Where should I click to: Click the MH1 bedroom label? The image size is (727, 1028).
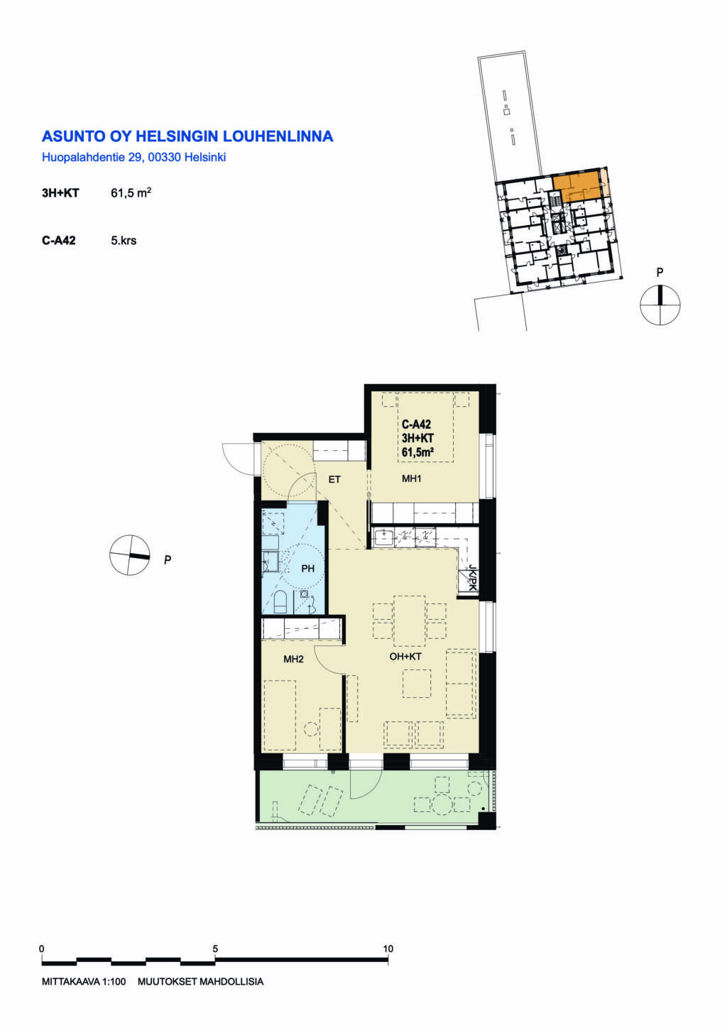tap(411, 479)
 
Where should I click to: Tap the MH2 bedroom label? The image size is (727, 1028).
tap(293, 660)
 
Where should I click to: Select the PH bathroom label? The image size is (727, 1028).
tap(307, 569)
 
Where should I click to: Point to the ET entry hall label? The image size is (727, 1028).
tap(334, 480)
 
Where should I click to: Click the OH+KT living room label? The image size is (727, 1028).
tap(405, 657)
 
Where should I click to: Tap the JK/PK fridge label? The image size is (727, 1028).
tap(471, 578)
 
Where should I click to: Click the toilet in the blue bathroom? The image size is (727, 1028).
tap(280, 602)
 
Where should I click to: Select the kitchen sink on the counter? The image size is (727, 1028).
tap(383, 537)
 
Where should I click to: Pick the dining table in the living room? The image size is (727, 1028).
tap(410, 620)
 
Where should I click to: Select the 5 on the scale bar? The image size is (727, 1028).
tap(215, 948)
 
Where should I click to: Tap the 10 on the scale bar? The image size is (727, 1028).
tap(388, 948)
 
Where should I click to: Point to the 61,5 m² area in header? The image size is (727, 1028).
tap(131, 193)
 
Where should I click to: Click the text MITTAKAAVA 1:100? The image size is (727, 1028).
tap(84, 982)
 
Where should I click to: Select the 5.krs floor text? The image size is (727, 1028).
tap(124, 241)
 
